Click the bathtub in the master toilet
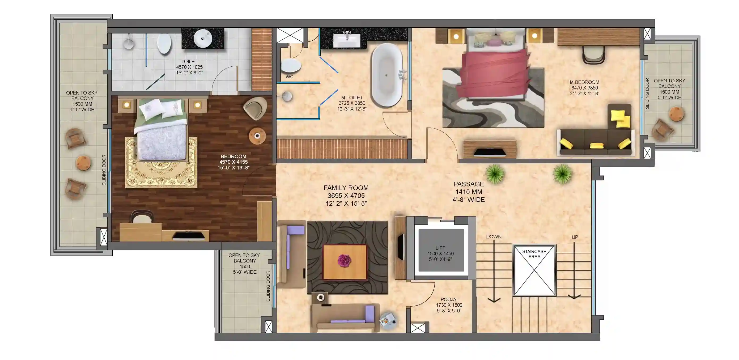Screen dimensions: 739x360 pyautogui.click(x=387, y=75)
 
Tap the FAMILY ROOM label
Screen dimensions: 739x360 pyautogui.click(x=346, y=188)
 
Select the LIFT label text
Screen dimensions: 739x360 pyautogui.click(x=440, y=248)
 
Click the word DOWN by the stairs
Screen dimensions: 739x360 pyautogui.click(x=494, y=237)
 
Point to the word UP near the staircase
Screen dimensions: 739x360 pyautogui.click(x=575, y=237)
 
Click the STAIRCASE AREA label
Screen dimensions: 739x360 pyautogui.click(x=534, y=254)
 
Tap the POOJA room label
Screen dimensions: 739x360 pyautogui.click(x=448, y=299)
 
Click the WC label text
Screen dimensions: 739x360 pyautogui.click(x=289, y=77)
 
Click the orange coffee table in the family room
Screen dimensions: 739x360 pyautogui.click(x=345, y=262)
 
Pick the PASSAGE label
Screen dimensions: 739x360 pyautogui.click(x=469, y=184)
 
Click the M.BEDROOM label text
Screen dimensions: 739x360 pyautogui.click(x=584, y=82)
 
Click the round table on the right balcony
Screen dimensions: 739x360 pyautogui.click(x=677, y=114)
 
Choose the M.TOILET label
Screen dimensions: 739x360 pyautogui.click(x=352, y=98)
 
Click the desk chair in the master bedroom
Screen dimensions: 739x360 pyautogui.click(x=594, y=55)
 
